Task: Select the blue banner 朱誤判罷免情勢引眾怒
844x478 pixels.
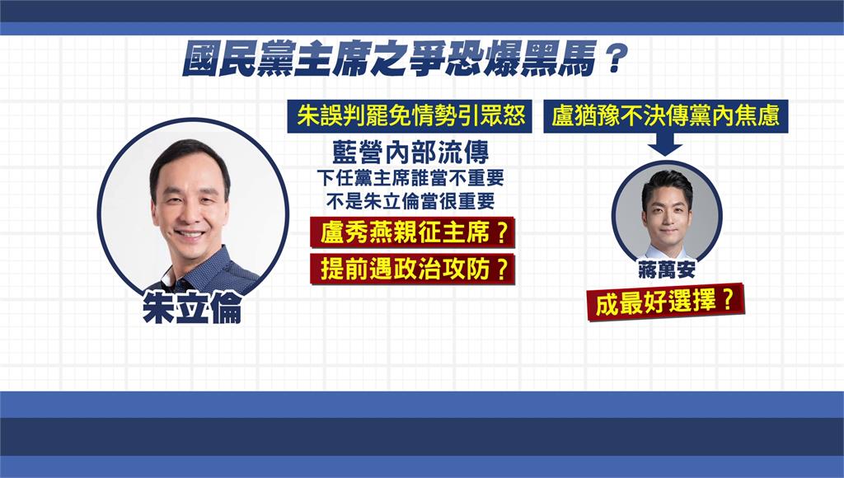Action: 410,115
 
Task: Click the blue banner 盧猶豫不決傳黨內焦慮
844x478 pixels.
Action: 666,115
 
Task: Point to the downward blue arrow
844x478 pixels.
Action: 665,143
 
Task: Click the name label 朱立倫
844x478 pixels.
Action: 192,307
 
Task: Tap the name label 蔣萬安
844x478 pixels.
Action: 666,269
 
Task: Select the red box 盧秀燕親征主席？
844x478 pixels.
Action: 413,233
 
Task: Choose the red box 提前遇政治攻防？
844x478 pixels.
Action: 413,269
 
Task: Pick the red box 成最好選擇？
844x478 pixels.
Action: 665,302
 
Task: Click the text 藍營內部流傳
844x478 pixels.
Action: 410,152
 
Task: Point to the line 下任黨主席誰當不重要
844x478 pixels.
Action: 410,178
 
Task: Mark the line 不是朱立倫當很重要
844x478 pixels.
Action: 410,202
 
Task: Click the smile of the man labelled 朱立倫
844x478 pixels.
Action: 190,235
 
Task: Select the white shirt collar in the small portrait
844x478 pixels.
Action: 666,252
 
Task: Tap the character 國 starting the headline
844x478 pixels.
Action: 201,59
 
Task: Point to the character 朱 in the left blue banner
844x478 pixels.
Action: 308,115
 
